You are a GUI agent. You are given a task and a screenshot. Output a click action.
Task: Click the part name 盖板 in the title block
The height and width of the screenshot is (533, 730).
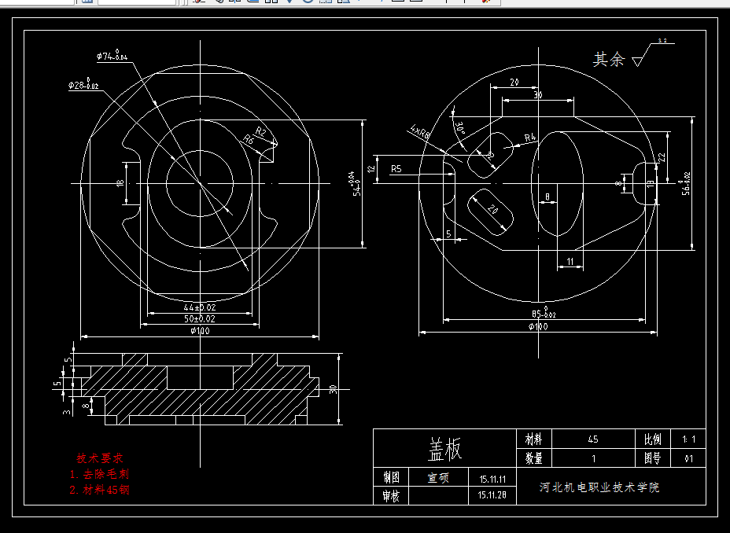[x=444, y=450]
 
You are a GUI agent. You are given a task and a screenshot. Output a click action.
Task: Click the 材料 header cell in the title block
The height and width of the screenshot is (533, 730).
[x=533, y=439]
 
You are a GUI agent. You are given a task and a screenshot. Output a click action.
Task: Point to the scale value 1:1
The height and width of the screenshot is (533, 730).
[x=689, y=439]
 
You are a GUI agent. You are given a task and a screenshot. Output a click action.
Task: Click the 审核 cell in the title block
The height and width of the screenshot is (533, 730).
[x=391, y=496]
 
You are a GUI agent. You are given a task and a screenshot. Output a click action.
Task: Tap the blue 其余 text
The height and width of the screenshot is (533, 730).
[x=608, y=60]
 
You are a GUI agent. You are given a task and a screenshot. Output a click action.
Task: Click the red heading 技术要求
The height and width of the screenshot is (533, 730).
[x=99, y=458]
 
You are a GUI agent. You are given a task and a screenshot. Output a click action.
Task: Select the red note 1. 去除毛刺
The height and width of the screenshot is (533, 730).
[x=99, y=474]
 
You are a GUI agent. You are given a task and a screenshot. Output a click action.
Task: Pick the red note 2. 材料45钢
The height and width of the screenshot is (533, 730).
[x=99, y=490]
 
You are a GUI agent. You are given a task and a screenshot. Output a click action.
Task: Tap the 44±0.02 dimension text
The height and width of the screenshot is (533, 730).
[x=199, y=307]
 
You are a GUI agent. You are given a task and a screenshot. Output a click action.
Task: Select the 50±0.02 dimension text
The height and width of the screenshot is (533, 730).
[x=199, y=319]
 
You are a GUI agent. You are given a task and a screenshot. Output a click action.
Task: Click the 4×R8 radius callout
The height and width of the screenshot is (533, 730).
[x=420, y=131]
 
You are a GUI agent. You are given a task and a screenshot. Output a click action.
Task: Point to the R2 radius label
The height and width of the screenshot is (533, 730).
[x=261, y=130]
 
